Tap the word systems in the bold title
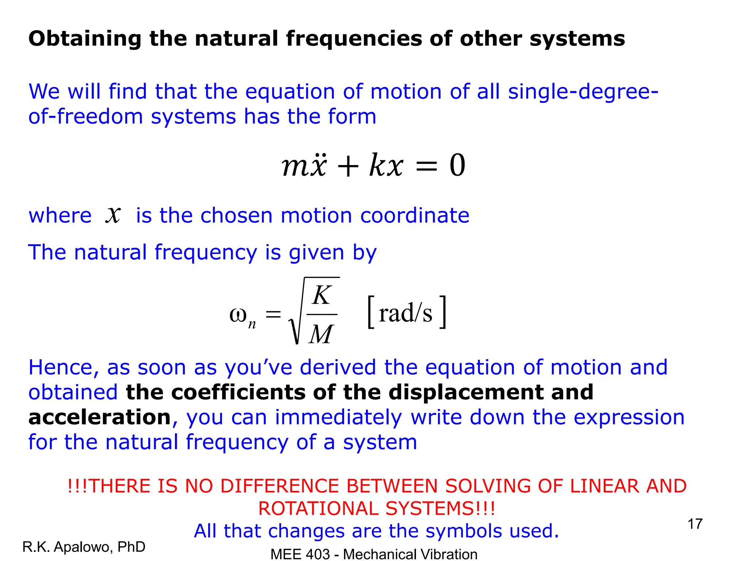[577, 39]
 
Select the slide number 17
[695, 524]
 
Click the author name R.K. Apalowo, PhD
[84, 547]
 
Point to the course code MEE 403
[300, 554]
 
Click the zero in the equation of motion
[457, 165]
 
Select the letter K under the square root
[322, 295]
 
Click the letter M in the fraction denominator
[321, 334]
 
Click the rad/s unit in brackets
[405, 313]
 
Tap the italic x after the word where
[113, 214]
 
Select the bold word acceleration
[100, 417]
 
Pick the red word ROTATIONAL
[318, 508]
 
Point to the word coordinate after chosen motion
[415, 215]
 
